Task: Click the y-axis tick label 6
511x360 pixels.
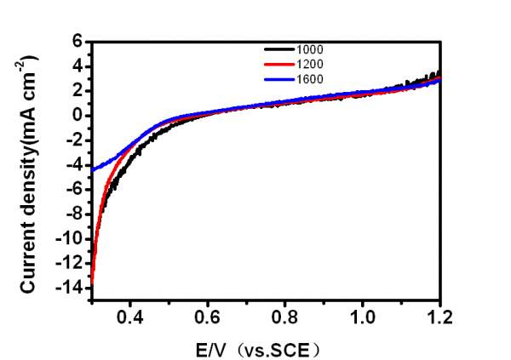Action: coord(76,41)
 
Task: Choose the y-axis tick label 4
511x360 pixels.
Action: coord(76,66)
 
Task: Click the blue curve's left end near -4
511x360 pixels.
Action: coord(93,169)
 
